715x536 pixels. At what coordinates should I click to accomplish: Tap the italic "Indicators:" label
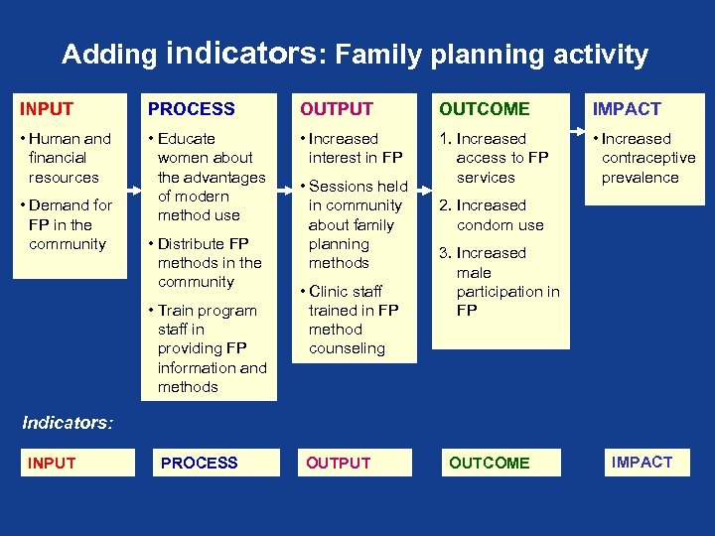coord(67,423)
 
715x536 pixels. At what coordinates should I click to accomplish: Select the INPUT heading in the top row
coord(47,109)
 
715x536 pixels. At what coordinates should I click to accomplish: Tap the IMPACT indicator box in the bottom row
coord(642,462)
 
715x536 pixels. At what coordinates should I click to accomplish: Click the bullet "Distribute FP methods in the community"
coord(207,263)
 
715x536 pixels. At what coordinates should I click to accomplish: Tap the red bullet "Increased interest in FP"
coord(352,148)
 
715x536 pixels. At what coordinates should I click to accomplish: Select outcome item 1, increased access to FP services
coord(498,158)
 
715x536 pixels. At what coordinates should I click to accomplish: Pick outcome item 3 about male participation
coord(500,282)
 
